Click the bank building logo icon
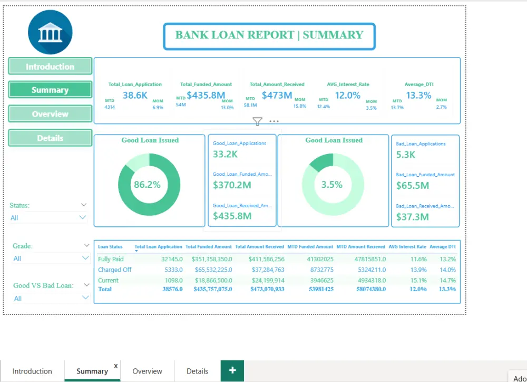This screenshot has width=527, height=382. (x=50, y=32)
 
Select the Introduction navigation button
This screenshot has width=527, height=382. (x=50, y=66)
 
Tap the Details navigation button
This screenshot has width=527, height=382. (x=50, y=138)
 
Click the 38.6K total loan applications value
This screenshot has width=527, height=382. (x=135, y=96)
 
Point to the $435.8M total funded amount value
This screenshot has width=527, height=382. (x=206, y=96)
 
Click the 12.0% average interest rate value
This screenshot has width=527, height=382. (x=348, y=96)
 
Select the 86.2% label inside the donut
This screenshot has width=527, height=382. (x=147, y=185)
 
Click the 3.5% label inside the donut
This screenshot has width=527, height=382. (x=332, y=185)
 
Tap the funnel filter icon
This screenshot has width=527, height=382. (x=257, y=122)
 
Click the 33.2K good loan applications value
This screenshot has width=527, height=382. (x=225, y=155)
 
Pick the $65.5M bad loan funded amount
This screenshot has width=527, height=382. (x=412, y=186)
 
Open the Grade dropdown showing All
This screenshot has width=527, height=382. (x=51, y=258)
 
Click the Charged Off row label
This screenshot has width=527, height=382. (x=114, y=270)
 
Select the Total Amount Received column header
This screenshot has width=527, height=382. (x=259, y=246)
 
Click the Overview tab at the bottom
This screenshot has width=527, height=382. (x=147, y=371)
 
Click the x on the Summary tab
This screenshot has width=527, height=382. (x=116, y=366)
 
